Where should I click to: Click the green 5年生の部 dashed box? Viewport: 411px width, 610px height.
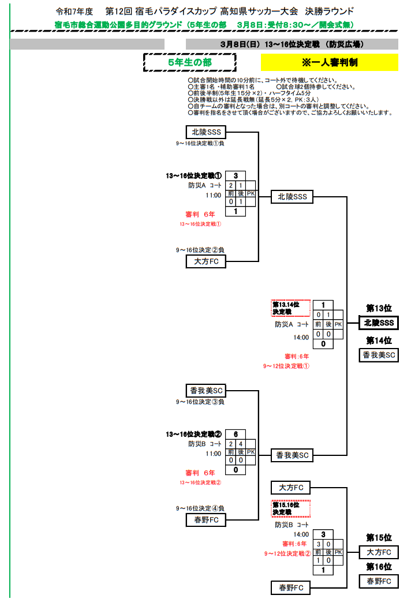tap(189, 62)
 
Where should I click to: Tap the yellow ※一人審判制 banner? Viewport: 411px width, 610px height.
tap(329, 62)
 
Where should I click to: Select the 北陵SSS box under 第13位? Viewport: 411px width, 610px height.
tap(379, 323)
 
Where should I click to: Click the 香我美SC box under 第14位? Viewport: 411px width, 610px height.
tap(379, 355)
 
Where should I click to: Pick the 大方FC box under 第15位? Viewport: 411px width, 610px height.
tap(379, 552)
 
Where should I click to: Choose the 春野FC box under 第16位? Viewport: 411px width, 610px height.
tap(379, 581)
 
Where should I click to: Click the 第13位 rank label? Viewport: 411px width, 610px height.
tap(379, 308)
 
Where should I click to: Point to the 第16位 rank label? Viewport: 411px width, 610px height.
tap(379, 567)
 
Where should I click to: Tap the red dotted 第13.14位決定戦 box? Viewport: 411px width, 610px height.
tap(291, 308)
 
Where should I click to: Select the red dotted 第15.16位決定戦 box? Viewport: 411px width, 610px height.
tap(291, 508)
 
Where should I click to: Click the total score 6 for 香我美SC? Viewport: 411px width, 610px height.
tap(236, 434)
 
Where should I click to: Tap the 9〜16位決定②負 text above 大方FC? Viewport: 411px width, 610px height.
tap(200, 250)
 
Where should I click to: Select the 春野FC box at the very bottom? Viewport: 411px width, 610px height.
tap(290, 588)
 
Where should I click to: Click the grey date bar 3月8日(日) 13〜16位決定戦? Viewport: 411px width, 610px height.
tap(292, 44)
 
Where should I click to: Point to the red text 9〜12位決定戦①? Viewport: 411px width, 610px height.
tap(286, 365)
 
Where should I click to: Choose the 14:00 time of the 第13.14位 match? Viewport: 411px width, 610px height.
tap(301, 338)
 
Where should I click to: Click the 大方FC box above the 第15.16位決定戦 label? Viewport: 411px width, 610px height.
tap(290, 487)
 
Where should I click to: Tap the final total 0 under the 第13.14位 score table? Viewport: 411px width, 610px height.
tap(323, 345)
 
